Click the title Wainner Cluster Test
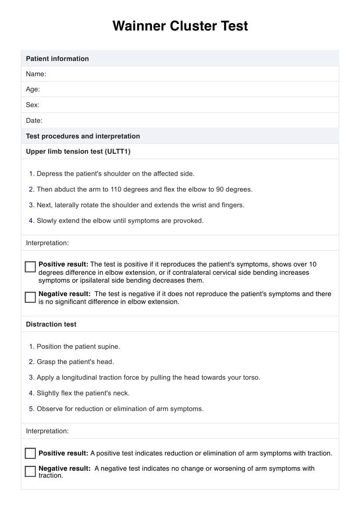pos(180,26)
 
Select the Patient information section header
pos(57,59)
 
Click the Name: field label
pos(36,74)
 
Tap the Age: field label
pos(33,89)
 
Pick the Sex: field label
pos(33,105)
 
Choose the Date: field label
pos(34,121)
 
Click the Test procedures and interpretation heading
pos(83,136)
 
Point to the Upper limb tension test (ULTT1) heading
pos(78,152)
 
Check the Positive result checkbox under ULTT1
pos(30,267)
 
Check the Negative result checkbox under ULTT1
pos(30,297)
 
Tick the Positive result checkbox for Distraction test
pos(30,453)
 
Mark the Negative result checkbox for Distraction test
pos(30,471)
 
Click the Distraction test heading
pos(51,324)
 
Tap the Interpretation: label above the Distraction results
pos(47,431)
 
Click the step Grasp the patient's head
pos(75,362)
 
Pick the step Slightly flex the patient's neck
pos(83,393)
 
